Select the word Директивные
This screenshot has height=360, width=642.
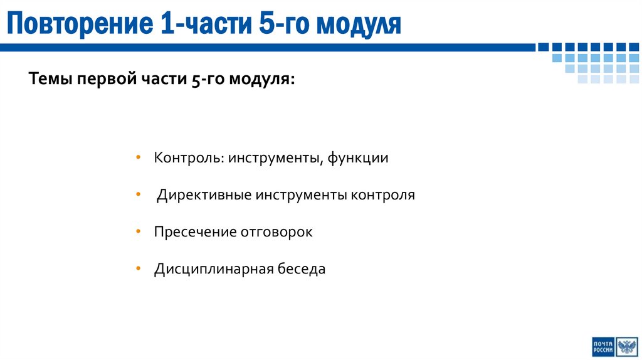(204, 195)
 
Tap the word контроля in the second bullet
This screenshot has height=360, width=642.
(383, 195)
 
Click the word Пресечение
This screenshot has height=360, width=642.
(194, 232)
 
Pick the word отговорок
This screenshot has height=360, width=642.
(276, 232)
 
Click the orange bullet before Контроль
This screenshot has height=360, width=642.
(138, 158)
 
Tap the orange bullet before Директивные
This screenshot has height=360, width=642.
(138, 195)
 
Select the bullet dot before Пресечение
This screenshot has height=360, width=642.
(138, 232)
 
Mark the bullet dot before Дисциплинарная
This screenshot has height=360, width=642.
(138, 270)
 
